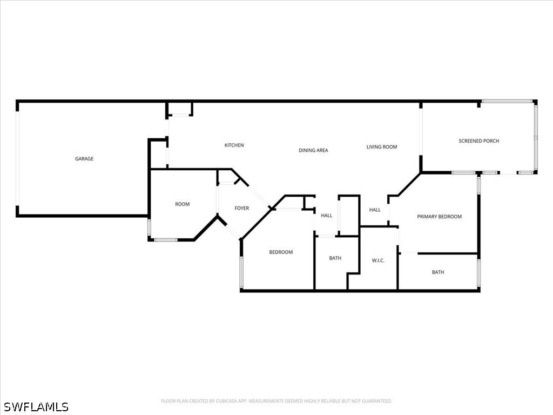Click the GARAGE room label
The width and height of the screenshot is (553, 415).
click(84, 159)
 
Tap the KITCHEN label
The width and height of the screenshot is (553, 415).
click(234, 145)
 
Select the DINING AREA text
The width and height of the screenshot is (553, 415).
click(314, 150)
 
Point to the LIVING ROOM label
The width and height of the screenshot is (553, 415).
click(382, 147)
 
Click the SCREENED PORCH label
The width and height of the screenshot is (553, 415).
click(479, 141)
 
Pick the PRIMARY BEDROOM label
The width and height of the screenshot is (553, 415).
click(440, 217)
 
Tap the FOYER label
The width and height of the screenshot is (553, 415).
click(241, 208)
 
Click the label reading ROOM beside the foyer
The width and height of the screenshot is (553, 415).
click(183, 204)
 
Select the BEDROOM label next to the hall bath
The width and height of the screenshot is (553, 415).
click(281, 252)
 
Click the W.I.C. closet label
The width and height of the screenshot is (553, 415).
click(378, 260)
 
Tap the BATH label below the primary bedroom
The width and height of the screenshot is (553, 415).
click(438, 272)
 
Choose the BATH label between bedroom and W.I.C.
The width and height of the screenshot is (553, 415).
click(335, 258)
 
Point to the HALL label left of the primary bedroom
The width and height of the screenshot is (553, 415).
click(375, 210)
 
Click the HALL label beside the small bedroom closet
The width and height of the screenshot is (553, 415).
click(327, 215)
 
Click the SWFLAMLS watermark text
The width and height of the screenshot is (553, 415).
click(36, 407)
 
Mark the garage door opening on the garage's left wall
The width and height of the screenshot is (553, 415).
click(17, 158)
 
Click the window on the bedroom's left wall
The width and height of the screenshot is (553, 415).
click(241, 272)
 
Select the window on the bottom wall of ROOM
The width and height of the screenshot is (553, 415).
click(166, 240)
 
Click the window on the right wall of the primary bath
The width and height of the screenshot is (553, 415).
click(478, 272)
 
